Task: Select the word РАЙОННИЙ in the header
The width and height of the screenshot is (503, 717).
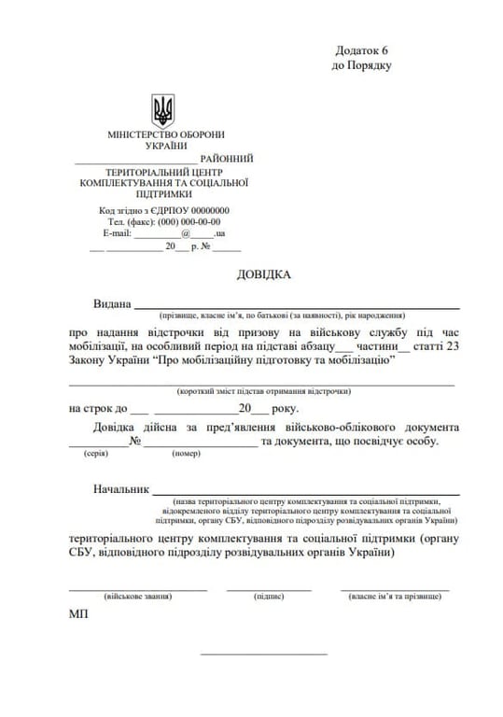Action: point(227,159)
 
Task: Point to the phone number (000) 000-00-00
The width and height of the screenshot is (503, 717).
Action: point(189,222)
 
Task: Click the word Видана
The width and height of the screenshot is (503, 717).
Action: point(112,304)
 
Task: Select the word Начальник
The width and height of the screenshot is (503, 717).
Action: point(121,489)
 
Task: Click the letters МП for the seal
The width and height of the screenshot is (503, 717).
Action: point(78,616)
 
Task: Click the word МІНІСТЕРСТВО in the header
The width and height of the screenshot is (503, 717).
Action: point(147,134)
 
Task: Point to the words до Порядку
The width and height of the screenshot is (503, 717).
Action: point(362,66)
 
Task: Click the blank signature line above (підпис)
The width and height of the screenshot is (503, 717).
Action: point(269,588)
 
